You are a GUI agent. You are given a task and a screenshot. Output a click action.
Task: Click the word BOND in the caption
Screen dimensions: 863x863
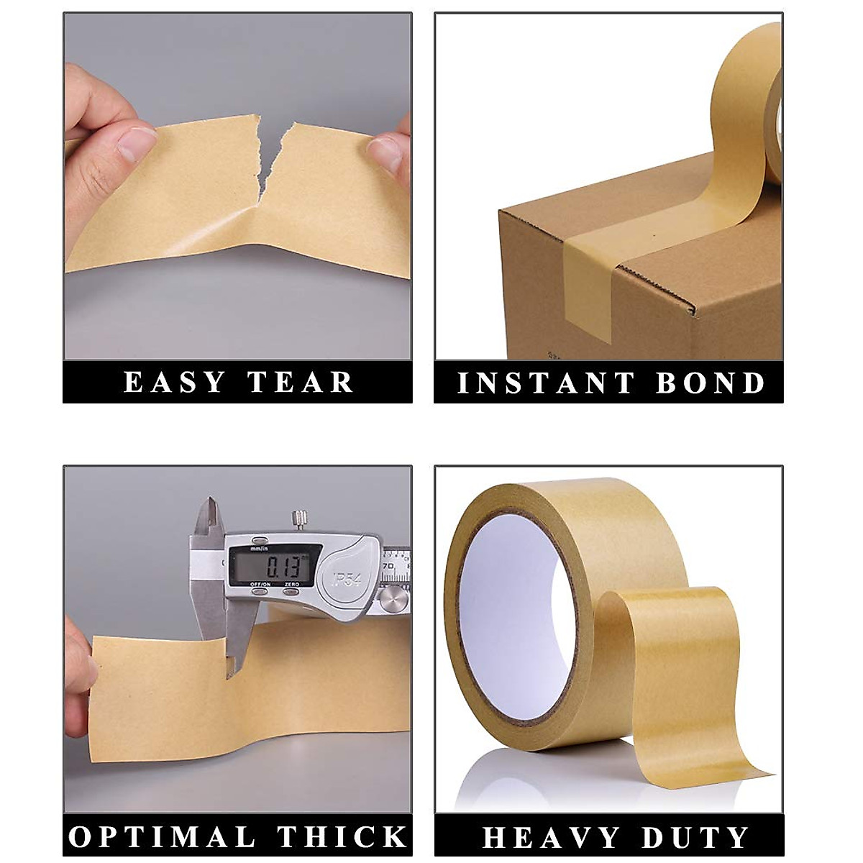[x=711, y=383]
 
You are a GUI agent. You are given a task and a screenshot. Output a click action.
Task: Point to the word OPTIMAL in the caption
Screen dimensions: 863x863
[x=162, y=836]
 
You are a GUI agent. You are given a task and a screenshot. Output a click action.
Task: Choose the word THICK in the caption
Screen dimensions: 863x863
[x=343, y=836]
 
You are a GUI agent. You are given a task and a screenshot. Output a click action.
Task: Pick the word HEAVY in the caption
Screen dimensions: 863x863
[x=551, y=838]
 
